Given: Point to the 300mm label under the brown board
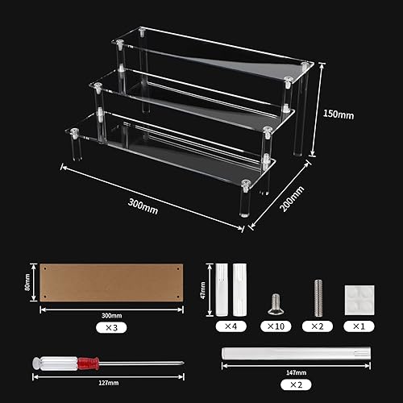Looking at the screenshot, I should pyautogui.click(x=111, y=315).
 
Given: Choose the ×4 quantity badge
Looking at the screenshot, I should pyautogui.click(x=229, y=326).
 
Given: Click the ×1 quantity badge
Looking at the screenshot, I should pyautogui.click(x=357, y=326).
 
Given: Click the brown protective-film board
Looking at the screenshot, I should pyautogui.click(x=112, y=283).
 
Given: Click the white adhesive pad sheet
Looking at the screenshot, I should pyautogui.click(x=357, y=297).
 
